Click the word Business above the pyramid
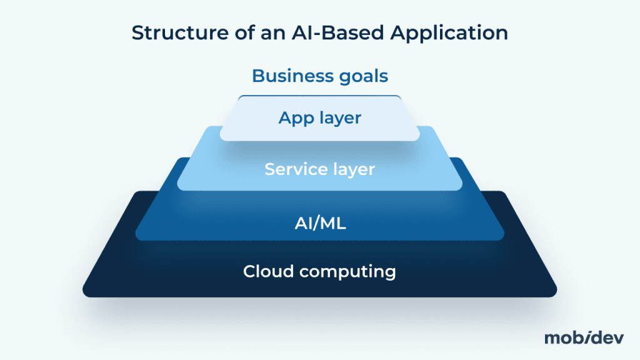tap(291, 76)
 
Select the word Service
tap(294, 169)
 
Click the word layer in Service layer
tap(351, 169)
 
